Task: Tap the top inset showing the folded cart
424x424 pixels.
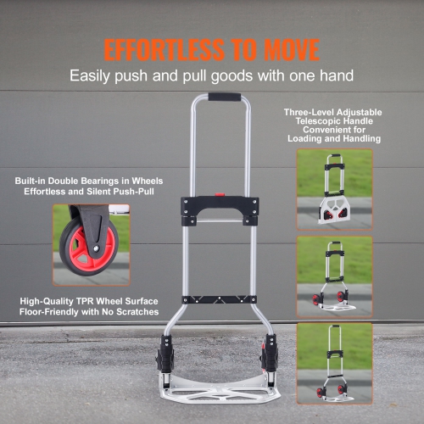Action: pyautogui.click(x=334, y=189)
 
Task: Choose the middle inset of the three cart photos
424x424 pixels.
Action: pyautogui.click(x=334, y=276)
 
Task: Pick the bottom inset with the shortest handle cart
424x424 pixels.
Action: pyautogui.click(x=334, y=361)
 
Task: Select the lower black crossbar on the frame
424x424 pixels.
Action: pyautogui.click(x=220, y=299)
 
